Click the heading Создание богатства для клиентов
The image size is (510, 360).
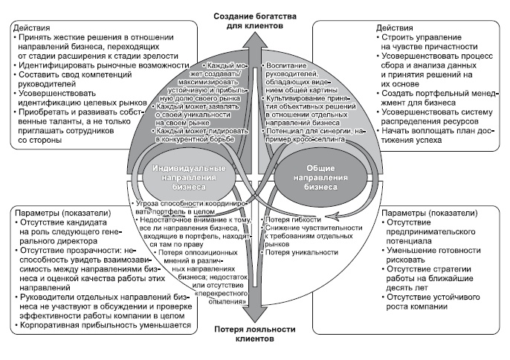[254, 20]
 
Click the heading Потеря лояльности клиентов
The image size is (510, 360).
[254, 333]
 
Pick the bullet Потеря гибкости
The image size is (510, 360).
[293, 219]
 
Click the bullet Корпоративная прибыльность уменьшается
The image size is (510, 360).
[105, 325]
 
